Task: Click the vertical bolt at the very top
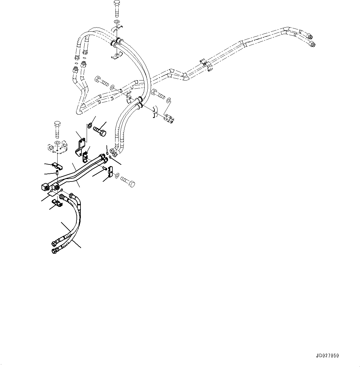coord(117,9)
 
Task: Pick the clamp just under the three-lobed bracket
coord(58,166)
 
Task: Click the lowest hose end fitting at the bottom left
coord(54,251)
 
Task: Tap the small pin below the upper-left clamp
coord(58,173)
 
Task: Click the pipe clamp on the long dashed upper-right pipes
coord(207,65)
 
